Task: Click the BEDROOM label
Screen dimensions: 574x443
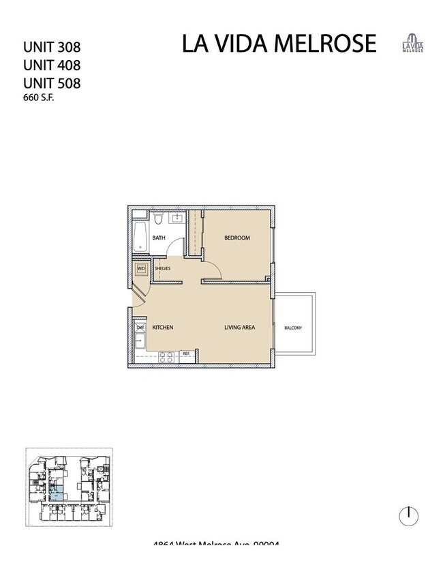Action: pyautogui.click(x=237, y=238)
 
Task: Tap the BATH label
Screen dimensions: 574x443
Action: pyautogui.click(x=158, y=238)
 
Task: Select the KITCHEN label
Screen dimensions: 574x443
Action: pyautogui.click(x=162, y=328)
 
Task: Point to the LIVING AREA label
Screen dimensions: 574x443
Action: pyautogui.click(x=239, y=328)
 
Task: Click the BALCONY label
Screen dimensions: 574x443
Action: pyautogui.click(x=293, y=328)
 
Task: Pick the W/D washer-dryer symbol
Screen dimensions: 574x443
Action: pyautogui.click(x=142, y=269)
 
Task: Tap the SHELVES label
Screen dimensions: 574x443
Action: pyautogui.click(x=162, y=269)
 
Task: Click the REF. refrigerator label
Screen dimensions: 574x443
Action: pyautogui.click(x=185, y=354)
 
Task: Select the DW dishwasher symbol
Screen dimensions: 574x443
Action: pyautogui.click(x=140, y=328)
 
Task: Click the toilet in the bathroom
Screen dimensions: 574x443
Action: pyautogui.click(x=157, y=218)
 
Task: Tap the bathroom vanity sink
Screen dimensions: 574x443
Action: pyautogui.click(x=177, y=218)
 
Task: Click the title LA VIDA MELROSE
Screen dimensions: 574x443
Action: pyautogui.click(x=279, y=43)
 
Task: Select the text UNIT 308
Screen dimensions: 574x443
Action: pyautogui.click(x=52, y=48)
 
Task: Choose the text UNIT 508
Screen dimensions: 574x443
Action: pyautogui.click(x=52, y=83)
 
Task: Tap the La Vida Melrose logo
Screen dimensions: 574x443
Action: pyautogui.click(x=411, y=42)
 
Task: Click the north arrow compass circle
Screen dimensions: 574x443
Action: pyautogui.click(x=409, y=515)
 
